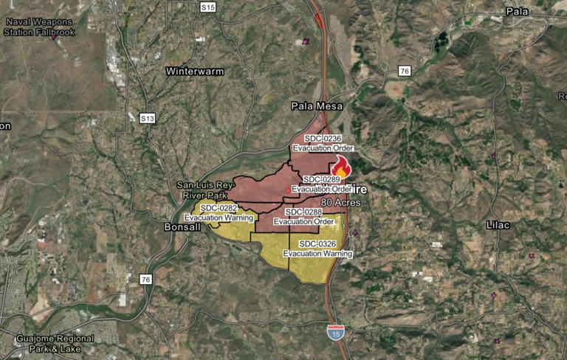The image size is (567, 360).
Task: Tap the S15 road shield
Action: (x=208, y=7)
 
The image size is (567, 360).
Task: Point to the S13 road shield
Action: (x=147, y=118)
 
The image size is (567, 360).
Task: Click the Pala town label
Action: (x=518, y=11)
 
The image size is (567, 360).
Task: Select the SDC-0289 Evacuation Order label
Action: (x=321, y=184)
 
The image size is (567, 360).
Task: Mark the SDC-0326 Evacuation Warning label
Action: (x=317, y=249)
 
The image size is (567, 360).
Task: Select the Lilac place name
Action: (x=500, y=224)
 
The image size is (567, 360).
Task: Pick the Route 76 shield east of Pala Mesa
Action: (x=404, y=71)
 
